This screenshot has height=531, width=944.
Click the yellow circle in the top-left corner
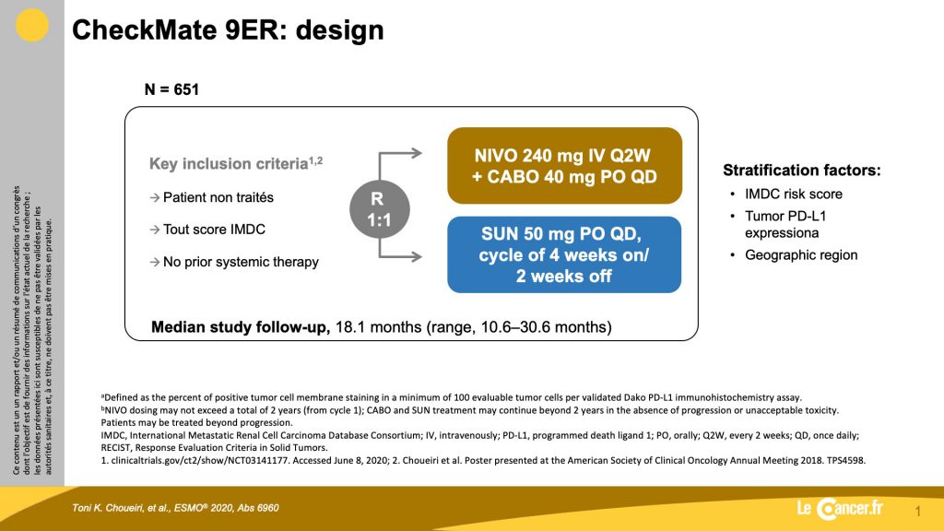point(31,25)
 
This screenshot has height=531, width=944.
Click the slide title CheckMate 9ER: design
point(228,30)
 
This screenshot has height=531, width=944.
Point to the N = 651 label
point(171,89)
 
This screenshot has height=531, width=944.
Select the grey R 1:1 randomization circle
point(379,209)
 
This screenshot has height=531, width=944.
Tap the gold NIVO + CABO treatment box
point(565,166)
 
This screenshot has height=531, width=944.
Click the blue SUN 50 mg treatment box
point(564,254)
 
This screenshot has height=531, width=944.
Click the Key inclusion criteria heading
point(236,163)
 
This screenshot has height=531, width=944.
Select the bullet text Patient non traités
point(218,197)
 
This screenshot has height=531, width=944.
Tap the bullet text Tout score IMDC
point(214,230)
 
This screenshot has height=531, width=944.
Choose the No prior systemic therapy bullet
point(241,262)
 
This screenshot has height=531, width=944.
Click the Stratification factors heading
point(802,171)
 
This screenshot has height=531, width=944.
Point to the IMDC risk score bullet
point(794,194)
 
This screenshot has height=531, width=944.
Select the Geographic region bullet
point(801,254)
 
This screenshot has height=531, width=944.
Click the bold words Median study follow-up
point(241,327)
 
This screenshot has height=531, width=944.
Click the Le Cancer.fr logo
point(840,509)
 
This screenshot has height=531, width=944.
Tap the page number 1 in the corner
point(917,512)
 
